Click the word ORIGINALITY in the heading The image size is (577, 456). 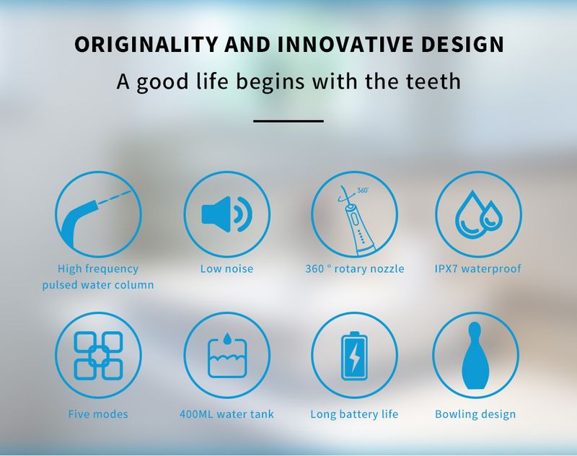tap(146, 44)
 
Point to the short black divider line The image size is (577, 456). tap(288, 120)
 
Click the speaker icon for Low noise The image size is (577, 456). tap(226, 214)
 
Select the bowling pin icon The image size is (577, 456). tap(475, 356)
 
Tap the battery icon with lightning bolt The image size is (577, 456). tap(354, 356)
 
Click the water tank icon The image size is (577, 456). tap(226, 356)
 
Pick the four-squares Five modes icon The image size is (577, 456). tap(98, 356)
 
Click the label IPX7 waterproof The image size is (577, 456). tap(477, 268)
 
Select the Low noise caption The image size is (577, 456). tap(226, 268)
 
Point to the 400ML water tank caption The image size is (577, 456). tap(226, 414)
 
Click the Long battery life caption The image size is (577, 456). tap(354, 414)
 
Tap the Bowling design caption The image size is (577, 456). tap(475, 414)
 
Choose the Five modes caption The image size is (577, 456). tap(98, 414)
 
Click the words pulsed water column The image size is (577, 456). tap(98, 285)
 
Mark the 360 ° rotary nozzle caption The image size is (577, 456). tap(355, 268)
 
